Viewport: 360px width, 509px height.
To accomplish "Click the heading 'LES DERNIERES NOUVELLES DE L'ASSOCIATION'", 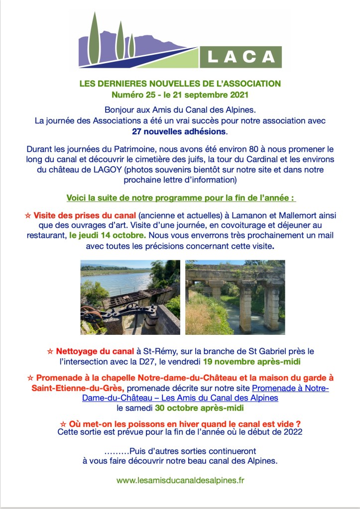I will pyautogui.click(x=180, y=84).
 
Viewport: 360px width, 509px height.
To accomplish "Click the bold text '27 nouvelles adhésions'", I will pyautogui.click(x=180, y=132).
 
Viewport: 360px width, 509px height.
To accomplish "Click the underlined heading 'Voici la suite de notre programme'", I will pyautogui.click(x=181, y=198).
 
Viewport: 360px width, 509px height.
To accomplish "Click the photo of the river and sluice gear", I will pyautogui.click(x=130, y=297).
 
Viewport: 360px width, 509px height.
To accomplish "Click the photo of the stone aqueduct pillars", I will pyautogui.click(x=235, y=297).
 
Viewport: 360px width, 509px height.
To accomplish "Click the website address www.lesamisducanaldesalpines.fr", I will pyautogui.click(x=180, y=481).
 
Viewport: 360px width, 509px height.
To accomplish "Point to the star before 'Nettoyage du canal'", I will pyautogui.click(x=49, y=351).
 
